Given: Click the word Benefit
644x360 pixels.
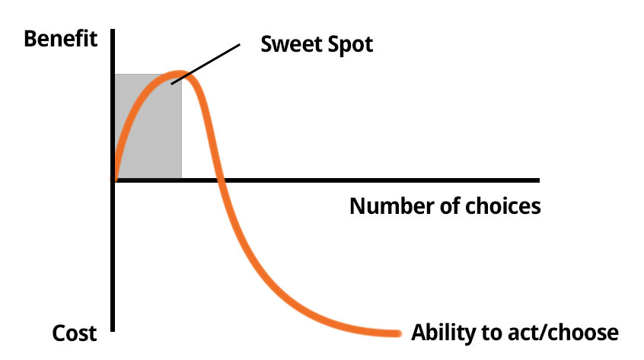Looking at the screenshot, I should point(61,39).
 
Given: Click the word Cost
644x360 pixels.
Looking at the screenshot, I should point(75,333).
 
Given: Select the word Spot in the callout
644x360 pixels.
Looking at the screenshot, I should point(350,44).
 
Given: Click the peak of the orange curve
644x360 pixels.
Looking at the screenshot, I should point(178,75).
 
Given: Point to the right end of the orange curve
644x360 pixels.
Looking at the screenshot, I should point(397,333).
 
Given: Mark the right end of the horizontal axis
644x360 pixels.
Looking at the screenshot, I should point(538,180).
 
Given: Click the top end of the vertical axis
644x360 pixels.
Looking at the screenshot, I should point(113,30).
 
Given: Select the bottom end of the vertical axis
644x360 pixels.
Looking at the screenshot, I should point(113,330).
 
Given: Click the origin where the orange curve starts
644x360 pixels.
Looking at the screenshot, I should point(114,180).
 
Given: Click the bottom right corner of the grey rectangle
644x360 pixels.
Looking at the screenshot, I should point(181,178).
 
